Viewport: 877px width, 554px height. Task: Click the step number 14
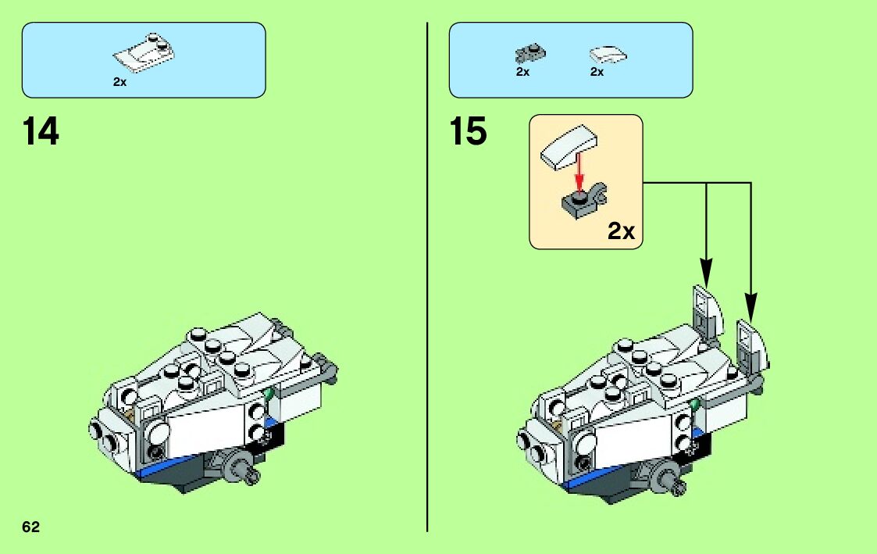(x=41, y=131)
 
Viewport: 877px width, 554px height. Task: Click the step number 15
(x=468, y=131)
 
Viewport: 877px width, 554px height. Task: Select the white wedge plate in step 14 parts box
(x=144, y=52)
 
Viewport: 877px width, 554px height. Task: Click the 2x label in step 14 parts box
(x=119, y=81)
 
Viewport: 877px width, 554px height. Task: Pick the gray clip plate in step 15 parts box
(x=530, y=53)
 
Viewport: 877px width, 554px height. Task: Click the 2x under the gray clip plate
(x=522, y=72)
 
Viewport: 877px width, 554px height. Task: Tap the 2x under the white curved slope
(x=597, y=72)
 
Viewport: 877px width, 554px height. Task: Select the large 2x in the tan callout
(x=622, y=231)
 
